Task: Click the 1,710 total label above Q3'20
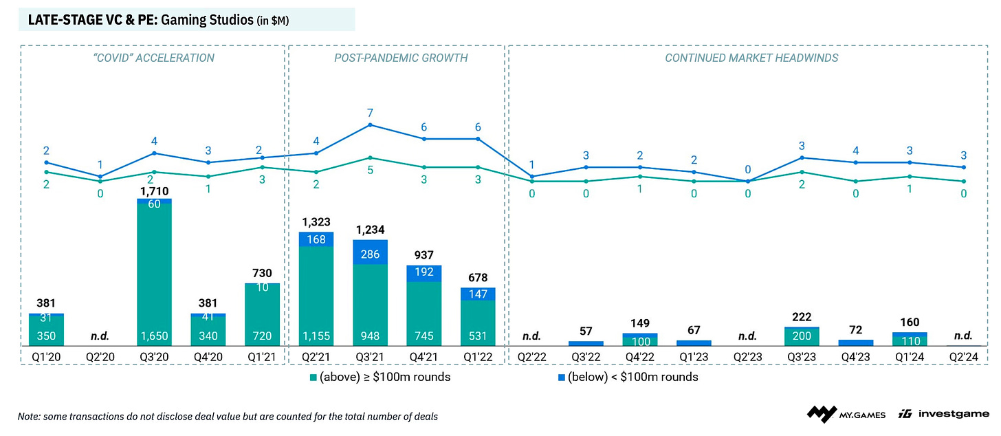point(154,191)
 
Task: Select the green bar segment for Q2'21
point(316,296)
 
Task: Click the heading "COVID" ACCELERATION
point(152,58)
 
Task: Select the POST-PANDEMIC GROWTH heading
point(401,58)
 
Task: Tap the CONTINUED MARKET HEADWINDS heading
point(751,58)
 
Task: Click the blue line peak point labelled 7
point(371,124)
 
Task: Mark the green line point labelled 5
point(371,157)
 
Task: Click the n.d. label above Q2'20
point(100,336)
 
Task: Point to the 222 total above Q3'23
point(802,316)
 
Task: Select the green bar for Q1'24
point(910,339)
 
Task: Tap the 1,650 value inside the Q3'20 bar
point(154,336)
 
